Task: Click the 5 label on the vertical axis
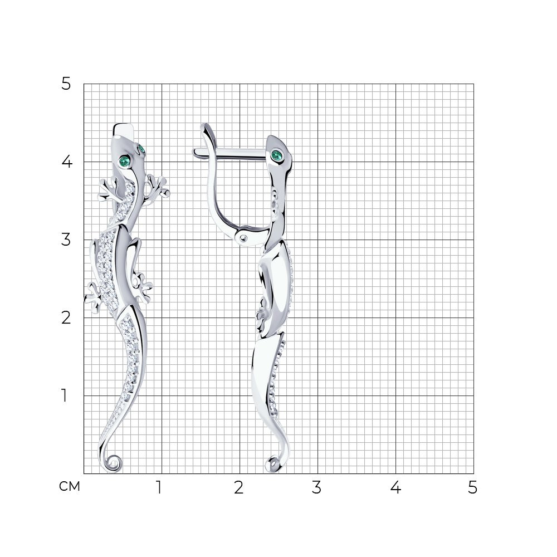pyautogui.click(x=66, y=84)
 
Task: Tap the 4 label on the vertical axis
pyautogui.click(x=67, y=162)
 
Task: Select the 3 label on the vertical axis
pyautogui.click(x=66, y=240)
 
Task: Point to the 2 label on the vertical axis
pyautogui.click(x=66, y=317)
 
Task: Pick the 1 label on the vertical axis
pyautogui.click(x=64, y=395)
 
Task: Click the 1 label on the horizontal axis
pyautogui.click(x=159, y=487)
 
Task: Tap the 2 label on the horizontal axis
pyautogui.click(x=239, y=487)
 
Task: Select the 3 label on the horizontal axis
pyautogui.click(x=316, y=487)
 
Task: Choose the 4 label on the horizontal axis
pyautogui.click(x=395, y=487)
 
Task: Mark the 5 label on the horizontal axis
pyautogui.click(x=472, y=487)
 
